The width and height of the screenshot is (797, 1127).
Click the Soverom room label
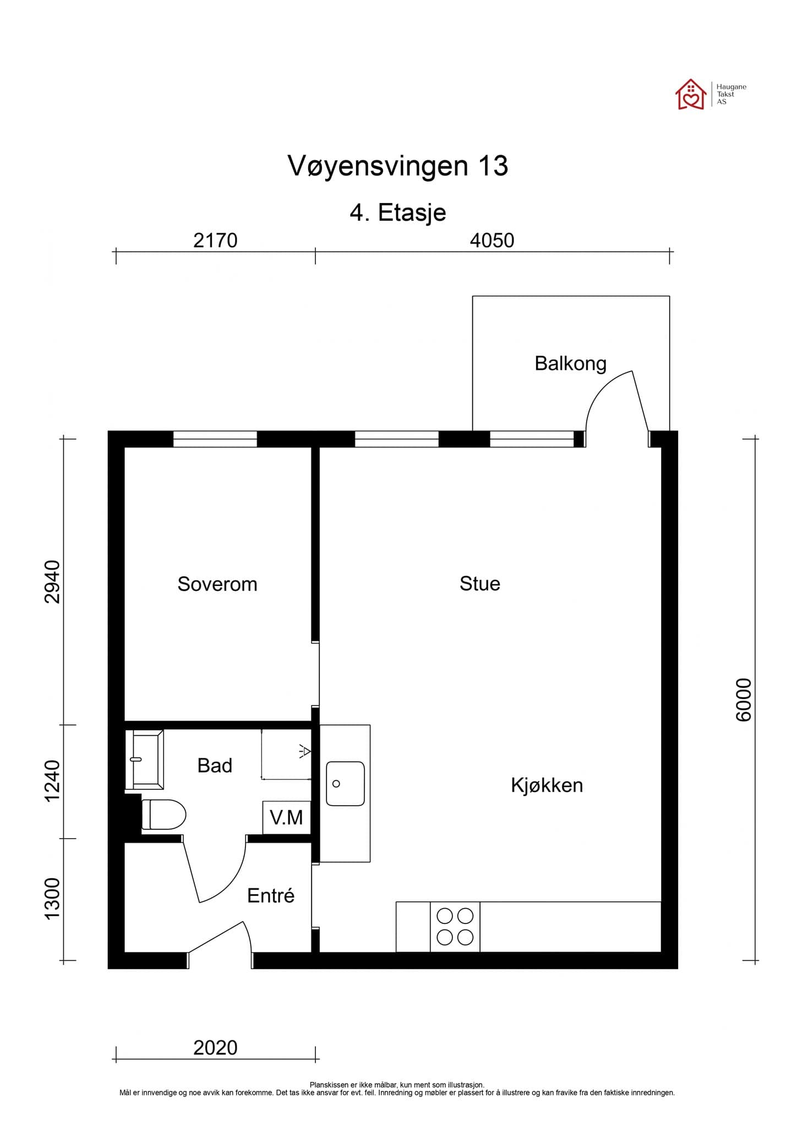217,584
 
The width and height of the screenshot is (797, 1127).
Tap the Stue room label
479,583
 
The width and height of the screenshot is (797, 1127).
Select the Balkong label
570,363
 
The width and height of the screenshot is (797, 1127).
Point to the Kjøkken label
547,785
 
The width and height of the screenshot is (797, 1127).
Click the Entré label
271,895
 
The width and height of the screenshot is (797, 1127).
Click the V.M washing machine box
287,817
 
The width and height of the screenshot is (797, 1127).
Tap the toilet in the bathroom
164,814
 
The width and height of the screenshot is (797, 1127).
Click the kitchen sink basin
345,784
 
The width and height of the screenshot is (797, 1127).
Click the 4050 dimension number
492,240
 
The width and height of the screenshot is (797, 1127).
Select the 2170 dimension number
215,240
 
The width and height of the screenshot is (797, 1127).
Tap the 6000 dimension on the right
743,699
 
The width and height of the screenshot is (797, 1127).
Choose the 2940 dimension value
52,582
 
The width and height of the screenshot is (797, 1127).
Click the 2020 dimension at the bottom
215,1048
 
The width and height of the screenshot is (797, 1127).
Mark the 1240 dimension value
52,781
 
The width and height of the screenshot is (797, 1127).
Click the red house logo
690,95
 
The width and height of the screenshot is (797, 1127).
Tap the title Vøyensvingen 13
397,166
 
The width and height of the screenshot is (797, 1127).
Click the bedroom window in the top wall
215,439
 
